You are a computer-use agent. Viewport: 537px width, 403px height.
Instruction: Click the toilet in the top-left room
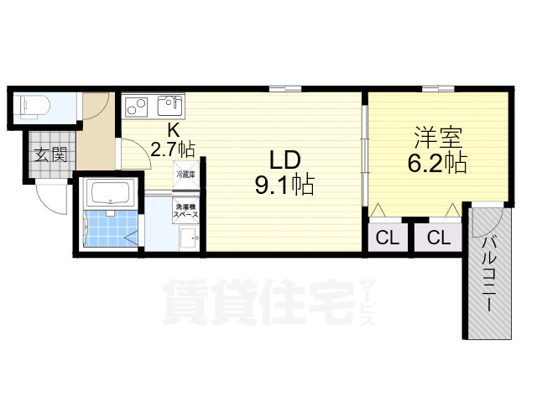tap(35, 107)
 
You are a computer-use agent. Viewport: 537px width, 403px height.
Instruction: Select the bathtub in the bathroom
tap(111, 194)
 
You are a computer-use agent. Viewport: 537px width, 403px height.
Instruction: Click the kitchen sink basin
tap(170, 106)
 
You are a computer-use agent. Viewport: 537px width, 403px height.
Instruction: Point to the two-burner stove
tap(137, 107)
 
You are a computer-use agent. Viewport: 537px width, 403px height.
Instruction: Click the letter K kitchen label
tap(173, 130)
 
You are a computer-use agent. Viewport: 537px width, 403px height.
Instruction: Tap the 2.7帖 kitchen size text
tap(173, 149)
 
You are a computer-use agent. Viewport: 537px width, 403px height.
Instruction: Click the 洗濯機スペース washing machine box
tap(185, 210)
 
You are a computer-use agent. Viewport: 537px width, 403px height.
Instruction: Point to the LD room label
tap(284, 159)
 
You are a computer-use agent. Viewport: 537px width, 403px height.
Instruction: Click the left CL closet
tap(388, 238)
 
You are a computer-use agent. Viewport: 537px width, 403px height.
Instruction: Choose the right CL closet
tap(438, 238)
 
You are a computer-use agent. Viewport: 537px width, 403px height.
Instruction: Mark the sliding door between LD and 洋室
tap(364, 155)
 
